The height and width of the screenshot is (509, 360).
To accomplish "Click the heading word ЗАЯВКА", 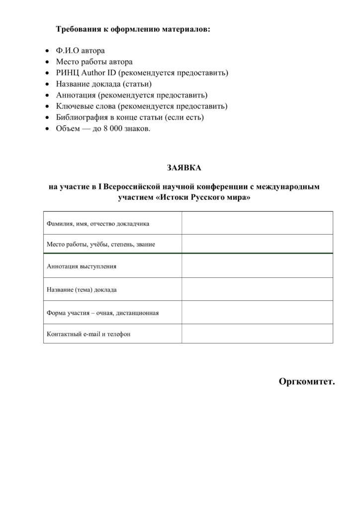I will point(184,168).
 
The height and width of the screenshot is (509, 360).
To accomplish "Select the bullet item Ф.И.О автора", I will point(81,51).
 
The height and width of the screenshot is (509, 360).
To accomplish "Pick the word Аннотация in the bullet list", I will point(76,95).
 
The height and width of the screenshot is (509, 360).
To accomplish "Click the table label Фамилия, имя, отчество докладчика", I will point(98,224).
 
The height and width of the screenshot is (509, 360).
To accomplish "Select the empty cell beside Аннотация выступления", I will point(257,266).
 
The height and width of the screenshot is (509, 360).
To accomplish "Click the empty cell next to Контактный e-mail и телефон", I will point(257,334).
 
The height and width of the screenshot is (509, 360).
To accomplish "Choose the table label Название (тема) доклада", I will point(82,289).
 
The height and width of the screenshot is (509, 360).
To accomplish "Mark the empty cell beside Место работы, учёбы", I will point(257,244).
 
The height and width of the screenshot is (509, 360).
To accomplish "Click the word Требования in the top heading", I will point(79,29).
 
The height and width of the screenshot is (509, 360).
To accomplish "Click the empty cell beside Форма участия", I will point(257,312).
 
